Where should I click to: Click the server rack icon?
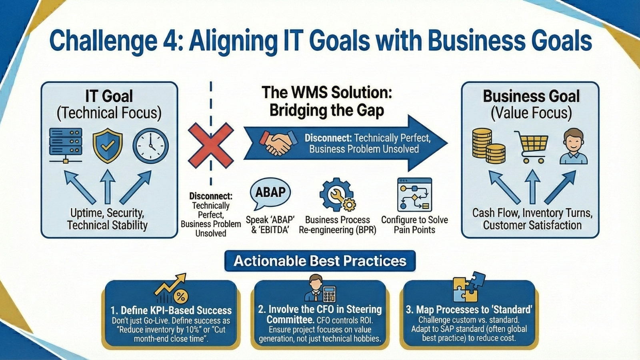[x=66, y=145]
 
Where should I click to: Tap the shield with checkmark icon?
[x=108, y=146]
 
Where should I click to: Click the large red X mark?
[x=211, y=145]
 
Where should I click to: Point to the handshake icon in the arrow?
[x=278, y=144]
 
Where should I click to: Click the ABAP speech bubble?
[x=270, y=193]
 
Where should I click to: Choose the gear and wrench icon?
[x=337, y=195]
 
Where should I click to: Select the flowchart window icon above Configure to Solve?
[x=414, y=195]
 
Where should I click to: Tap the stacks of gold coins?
[x=488, y=146]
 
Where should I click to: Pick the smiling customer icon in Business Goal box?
[x=574, y=146]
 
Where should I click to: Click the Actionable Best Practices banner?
[x=320, y=261]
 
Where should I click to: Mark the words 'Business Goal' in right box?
[x=531, y=96]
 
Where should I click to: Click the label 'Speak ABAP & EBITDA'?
[x=270, y=225]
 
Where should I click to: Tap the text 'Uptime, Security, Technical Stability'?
[x=107, y=219]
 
